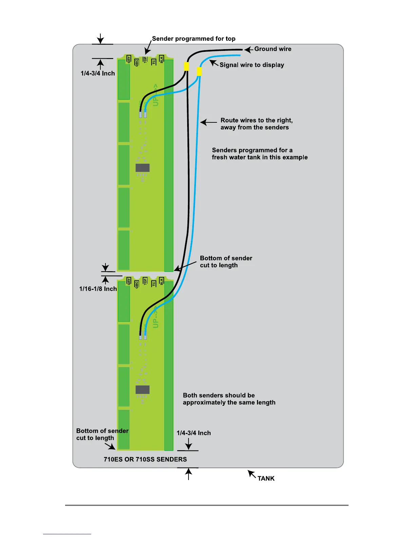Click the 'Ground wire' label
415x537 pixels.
click(x=273, y=49)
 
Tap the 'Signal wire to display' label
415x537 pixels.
click(x=252, y=65)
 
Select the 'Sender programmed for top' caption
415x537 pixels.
click(x=194, y=39)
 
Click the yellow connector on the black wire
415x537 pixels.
click(x=186, y=66)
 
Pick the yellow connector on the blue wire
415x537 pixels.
click(x=199, y=72)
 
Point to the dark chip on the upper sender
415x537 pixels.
click(x=142, y=168)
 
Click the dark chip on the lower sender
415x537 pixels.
click(x=142, y=390)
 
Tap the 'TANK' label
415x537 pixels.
click(x=266, y=478)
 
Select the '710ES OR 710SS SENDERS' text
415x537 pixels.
click(x=145, y=459)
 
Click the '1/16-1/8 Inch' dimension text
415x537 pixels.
click(x=98, y=289)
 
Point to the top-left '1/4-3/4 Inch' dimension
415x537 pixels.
click(x=98, y=73)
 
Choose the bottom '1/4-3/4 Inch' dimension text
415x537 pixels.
click(x=194, y=433)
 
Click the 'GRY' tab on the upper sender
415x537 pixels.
click(x=129, y=59)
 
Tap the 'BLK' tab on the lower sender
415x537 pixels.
click(x=162, y=281)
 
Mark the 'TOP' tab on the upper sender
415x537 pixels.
click(x=145, y=60)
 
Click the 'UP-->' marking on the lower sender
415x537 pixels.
click(x=156, y=317)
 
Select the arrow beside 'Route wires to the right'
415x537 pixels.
click(x=209, y=122)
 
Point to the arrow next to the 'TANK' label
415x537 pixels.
click(x=252, y=474)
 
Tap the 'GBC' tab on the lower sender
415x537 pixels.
click(x=137, y=284)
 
